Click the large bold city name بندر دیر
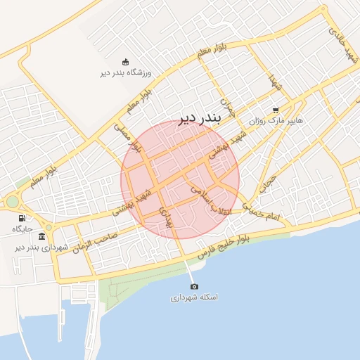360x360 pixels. click(198, 117)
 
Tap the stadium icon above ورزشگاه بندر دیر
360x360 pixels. click(125, 61)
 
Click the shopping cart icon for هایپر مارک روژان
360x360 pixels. click(275, 110)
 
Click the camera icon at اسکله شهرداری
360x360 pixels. click(194, 286)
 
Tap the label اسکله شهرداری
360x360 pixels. click(194, 297)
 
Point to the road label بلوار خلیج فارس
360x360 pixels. click(224, 246)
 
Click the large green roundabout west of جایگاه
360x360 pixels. click(12, 202)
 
